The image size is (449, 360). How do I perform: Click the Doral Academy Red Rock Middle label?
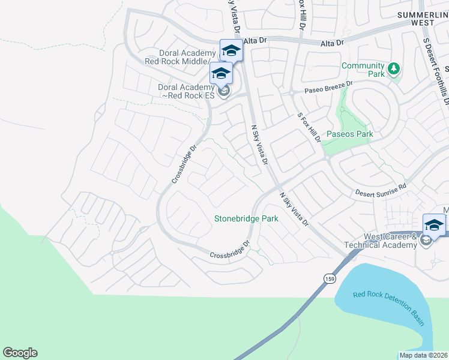177,57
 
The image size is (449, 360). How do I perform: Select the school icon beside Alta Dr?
231,50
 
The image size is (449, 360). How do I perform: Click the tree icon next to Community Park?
394,69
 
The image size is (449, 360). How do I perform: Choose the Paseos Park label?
349,134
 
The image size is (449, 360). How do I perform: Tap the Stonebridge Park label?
246,219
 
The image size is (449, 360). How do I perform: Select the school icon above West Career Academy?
434,225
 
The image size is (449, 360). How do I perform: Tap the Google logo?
20,353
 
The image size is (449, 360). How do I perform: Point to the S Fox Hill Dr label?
309,127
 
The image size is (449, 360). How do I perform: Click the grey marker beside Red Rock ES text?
224,92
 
